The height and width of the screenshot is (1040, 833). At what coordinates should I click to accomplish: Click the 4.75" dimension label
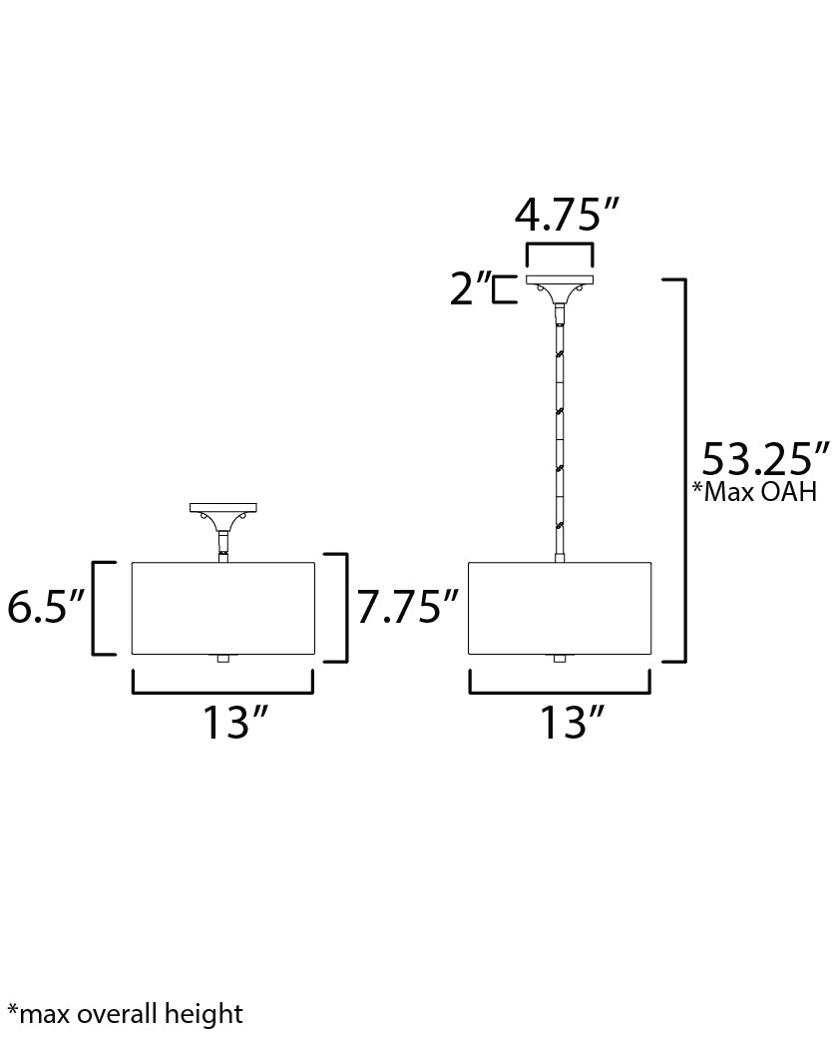pyautogui.click(x=567, y=215)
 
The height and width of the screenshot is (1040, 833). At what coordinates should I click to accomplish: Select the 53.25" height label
pyautogui.click(x=765, y=459)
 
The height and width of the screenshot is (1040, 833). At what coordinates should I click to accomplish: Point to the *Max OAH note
pyautogui.click(x=754, y=491)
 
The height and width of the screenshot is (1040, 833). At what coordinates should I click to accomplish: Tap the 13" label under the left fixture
pyautogui.click(x=235, y=723)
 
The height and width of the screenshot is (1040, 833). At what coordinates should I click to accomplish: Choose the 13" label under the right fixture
pyautogui.click(x=573, y=723)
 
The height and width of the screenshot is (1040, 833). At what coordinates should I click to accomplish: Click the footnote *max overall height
pyautogui.click(x=126, y=1014)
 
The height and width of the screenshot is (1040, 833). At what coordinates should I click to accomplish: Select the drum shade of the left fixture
pyautogui.click(x=222, y=608)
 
